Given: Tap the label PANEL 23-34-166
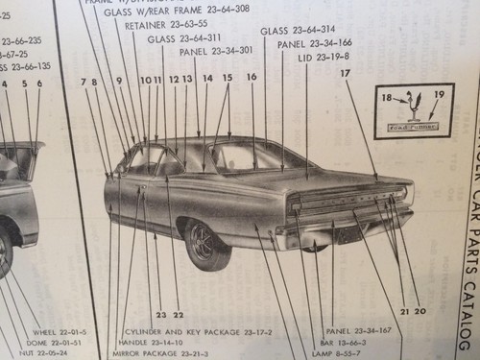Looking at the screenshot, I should (314, 43).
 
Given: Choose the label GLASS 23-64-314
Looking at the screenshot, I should (297, 30).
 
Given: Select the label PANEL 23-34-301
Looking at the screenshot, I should (215, 51).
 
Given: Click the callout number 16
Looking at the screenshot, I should (252, 76).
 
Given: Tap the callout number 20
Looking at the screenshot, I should (420, 311).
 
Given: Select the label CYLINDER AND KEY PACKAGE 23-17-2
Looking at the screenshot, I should (198, 331).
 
